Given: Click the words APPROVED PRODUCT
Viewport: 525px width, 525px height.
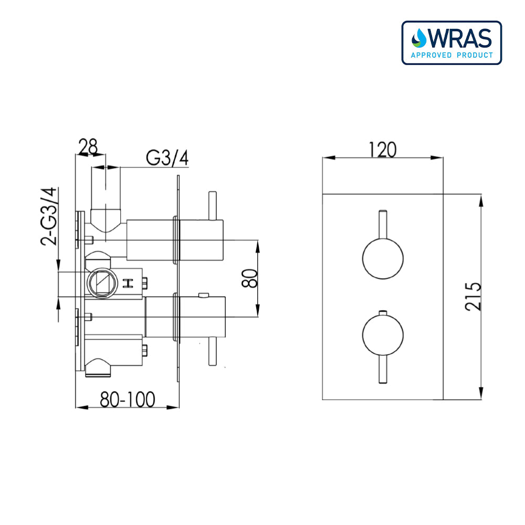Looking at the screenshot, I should pyautogui.click(x=452, y=55).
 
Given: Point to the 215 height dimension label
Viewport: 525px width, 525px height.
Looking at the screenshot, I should pyautogui.click(x=472, y=297).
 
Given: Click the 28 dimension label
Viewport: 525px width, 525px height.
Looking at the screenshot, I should pyautogui.click(x=88, y=146).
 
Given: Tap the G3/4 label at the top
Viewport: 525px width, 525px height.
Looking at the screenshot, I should pyautogui.click(x=166, y=157).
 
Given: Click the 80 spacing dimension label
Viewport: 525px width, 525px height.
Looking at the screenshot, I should pyautogui.click(x=251, y=278).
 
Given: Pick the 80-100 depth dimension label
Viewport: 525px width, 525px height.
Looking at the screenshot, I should pyautogui.click(x=128, y=400).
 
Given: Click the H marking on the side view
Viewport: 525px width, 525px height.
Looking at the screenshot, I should pyautogui.click(x=127, y=283).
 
